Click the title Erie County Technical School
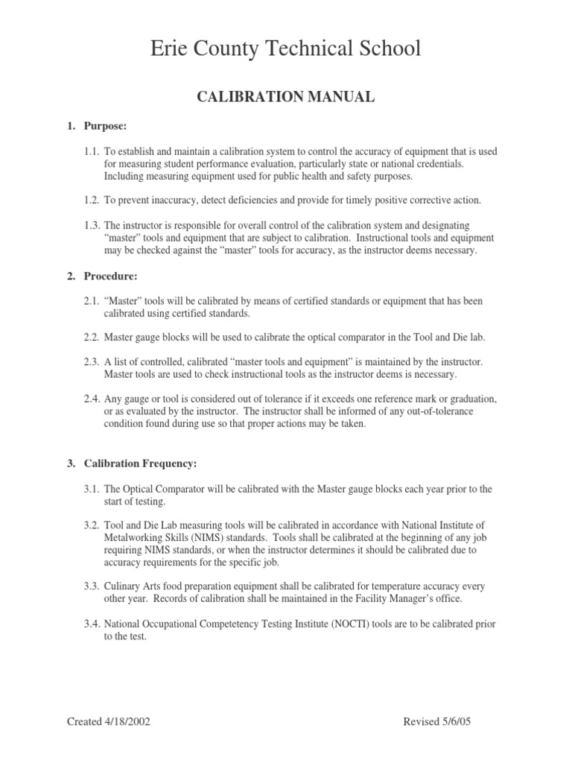pos(285,49)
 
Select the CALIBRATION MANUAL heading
pos(285,96)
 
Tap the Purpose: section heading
pos(104,127)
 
